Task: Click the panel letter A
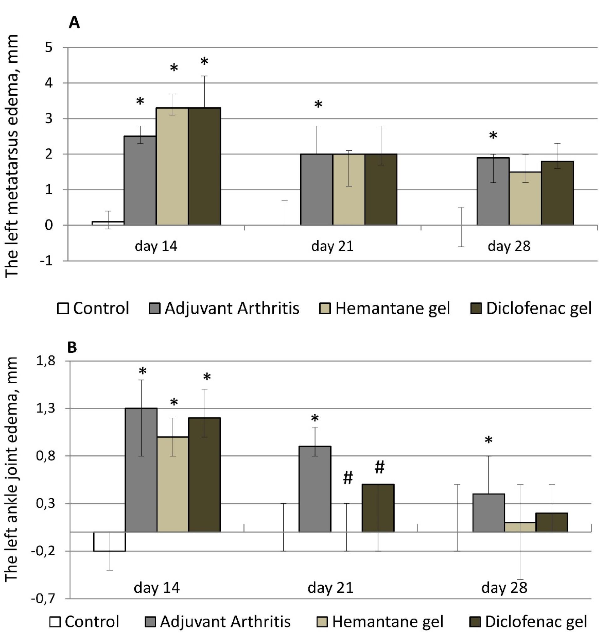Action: tap(74, 23)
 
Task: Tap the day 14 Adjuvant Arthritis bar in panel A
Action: tap(140, 180)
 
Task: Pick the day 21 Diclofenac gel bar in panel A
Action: tap(381, 189)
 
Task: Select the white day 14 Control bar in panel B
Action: tap(109, 541)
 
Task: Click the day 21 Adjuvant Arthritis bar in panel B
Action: tap(315, 489)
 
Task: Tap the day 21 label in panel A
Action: tap(332, 247)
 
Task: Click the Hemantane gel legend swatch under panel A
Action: tap(324, 308)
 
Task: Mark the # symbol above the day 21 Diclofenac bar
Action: tap(379, 468)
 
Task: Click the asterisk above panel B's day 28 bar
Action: tap(488, 440)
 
